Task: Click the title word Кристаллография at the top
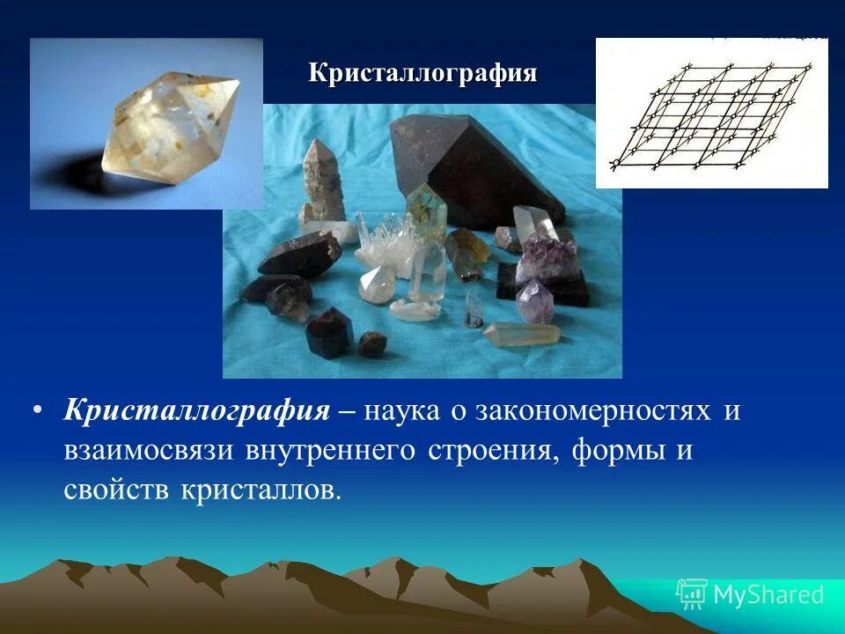[x=422, y=73]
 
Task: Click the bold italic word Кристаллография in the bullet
[x=196, y=411]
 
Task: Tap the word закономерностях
[x=592, y=411]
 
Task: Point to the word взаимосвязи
[x=148, y=450]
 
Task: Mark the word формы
[x=615, y=450]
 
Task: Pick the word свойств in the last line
[x=118, y=489]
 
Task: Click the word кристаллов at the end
[x=261, y=489]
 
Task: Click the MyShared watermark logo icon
[x=692, y=594]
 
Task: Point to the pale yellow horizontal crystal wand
[x=523, y=333]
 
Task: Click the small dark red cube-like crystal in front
[x=328, y=332]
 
